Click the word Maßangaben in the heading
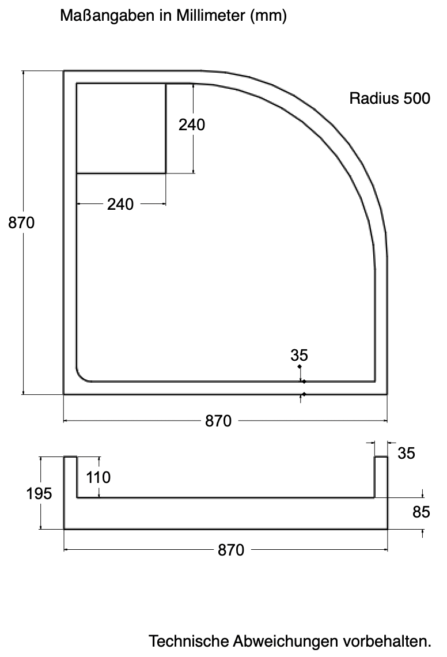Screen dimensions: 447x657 [x=107, y=16]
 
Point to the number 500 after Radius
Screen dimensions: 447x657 [x=416, y=99]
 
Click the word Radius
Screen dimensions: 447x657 [x=374, y=99]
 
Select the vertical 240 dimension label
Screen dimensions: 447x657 [x=191, y=125]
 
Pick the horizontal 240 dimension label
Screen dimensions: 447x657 [x=120, y=205]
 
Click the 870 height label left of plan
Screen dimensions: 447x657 [x=21, y=223]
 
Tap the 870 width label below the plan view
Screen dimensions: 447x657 [x=218, y=421]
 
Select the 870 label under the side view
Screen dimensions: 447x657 [x=231, y=550]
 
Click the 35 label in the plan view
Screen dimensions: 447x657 [x=299, y=356]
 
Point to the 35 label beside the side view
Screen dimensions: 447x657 [x=406, y=454]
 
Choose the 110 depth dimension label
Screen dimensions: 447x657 [x=98, y=477]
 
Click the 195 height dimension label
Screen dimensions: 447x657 [x=39, y=493]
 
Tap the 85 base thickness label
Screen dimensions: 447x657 [x=421, y=512]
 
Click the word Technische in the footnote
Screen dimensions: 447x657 [x=189, y=641]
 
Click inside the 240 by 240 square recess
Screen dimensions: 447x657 [x=121, y=128]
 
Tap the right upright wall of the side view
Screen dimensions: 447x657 [x=381, y=477]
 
